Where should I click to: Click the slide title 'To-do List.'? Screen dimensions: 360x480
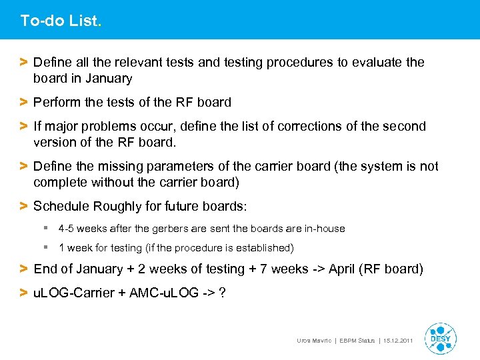click(x=61, y=21)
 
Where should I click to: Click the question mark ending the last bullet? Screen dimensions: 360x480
click(x=221, y=293)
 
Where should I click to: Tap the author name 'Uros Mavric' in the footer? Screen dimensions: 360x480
click(x=314, y=341)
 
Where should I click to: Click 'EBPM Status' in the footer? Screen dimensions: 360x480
click(x=356, y=341)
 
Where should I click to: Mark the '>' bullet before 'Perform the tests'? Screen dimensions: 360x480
click(x=23, y=103)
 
